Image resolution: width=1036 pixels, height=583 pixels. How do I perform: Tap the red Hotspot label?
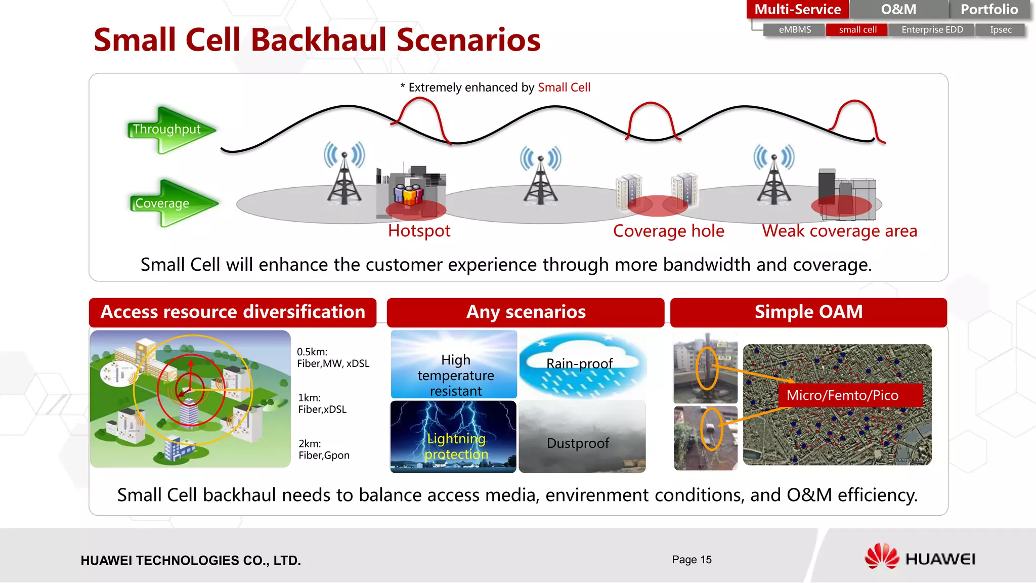pos(419,231)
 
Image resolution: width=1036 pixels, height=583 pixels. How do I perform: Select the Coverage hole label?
pos(668,231)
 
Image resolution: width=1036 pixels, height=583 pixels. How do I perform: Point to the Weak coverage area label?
pos(839,231)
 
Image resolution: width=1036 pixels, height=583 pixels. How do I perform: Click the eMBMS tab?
pos(794,30)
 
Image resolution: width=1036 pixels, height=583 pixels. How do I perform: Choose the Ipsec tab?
pos(1000,30)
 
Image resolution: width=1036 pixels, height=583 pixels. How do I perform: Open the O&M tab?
pos(898,9)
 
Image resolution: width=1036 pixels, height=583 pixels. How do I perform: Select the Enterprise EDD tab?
pos(932,30)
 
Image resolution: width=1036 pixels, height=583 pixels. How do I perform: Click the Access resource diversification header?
pos(233,312)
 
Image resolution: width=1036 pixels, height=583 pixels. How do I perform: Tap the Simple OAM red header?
pos(808,312)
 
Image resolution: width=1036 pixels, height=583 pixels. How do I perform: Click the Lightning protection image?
pos(453,437)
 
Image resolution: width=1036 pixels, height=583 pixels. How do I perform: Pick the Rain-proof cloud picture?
pos(582,364)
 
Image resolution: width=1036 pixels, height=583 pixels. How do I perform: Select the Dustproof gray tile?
pos(582,437)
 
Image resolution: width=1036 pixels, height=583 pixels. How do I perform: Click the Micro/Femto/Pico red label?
pos(842,395)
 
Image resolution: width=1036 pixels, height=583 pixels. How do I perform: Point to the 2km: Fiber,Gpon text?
pos(324,449)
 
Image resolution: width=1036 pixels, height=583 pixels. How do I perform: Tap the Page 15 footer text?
pos(691,560)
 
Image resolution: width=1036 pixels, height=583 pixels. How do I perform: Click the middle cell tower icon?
pos(540,177)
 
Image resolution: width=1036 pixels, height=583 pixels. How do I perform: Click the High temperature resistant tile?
pos(454,365)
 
